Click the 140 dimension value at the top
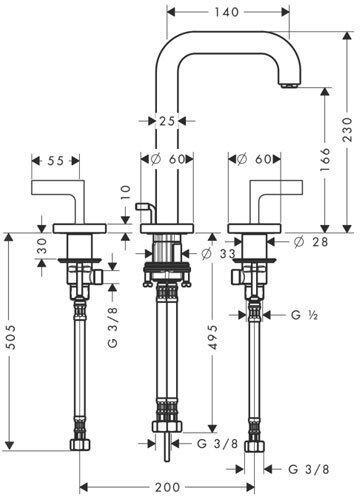(x=226, y=12)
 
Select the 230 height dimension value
(x=347, y=129)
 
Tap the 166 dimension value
(x=325, y=159)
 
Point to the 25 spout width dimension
(x=167, y=121)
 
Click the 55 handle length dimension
(x=56, y=161)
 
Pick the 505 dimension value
(x=11, y=337)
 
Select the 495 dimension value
(x=214, y=337)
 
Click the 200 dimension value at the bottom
(x=167, y=487)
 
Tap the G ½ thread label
(x=304, y=314)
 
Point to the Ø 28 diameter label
(x=311, y=241)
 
